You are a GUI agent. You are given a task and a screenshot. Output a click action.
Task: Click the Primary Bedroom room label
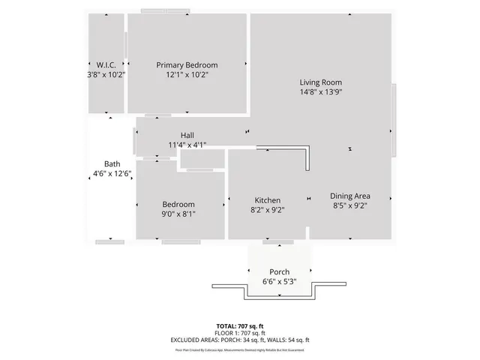pos(187,65)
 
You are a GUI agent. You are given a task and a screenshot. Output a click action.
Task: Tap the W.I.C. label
pos(106,65)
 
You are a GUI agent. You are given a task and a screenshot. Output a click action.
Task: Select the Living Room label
pos(321,82)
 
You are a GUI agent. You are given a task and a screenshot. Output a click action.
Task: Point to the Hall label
pos(187,135)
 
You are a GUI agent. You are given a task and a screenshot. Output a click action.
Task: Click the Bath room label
pos(112,164)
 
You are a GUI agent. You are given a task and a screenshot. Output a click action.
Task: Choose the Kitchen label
pos(268,200)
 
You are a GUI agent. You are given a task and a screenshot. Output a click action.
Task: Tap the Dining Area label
pos(350,196)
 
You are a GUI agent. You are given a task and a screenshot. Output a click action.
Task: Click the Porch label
pos(279,271)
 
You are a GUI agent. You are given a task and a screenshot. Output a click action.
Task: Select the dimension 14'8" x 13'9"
pos(321,92)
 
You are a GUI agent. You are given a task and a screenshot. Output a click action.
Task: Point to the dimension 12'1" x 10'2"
pos(187,75)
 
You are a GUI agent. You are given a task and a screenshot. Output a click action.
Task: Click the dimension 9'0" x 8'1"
pos(178,214)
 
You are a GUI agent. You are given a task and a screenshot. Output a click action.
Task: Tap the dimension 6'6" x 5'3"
pos(279,281)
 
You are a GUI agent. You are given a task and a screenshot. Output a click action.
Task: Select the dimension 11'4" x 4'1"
pos(187,145)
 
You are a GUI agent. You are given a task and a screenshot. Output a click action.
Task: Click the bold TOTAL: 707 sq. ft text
pos(240,326)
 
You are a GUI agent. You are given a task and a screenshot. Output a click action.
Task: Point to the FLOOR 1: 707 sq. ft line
pos(240,333)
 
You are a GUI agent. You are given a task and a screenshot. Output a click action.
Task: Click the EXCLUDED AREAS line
pos(240,340)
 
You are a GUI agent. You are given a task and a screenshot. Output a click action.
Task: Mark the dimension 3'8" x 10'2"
pos(106,75)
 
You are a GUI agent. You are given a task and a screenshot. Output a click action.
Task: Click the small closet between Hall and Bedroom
pos(202,159)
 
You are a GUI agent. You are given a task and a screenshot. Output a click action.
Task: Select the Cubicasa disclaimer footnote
pos(240,349)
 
